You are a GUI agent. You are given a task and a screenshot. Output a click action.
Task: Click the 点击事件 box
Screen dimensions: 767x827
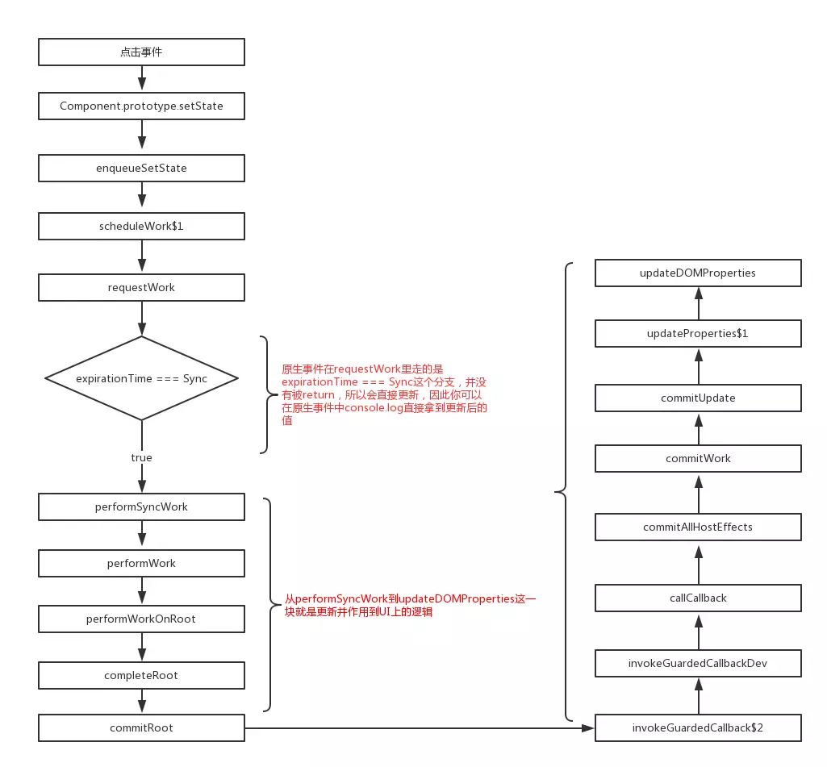click(x=141, y=53)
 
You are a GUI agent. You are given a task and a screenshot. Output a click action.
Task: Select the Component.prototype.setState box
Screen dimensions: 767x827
click(x=141, y=106)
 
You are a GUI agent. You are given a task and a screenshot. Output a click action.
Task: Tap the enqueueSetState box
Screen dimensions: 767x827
click(x=141, y=169)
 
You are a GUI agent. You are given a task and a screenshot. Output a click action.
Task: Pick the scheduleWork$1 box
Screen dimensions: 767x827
click(x=141, y=227)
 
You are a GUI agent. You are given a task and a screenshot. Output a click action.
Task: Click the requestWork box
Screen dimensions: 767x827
click(x=141, y=288)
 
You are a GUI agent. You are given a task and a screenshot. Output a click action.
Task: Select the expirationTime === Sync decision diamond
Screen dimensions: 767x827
click(x=141, y=378)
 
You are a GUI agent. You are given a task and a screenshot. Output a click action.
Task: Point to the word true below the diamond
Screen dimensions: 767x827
click(x=141, y=457)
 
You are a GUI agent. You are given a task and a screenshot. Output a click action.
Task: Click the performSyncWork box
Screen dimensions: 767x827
click(x=141, y=507)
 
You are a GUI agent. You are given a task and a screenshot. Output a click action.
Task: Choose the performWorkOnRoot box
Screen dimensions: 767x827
click(x=141, y=619)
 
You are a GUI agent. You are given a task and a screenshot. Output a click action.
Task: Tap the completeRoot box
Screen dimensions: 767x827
click(x=141, y=675)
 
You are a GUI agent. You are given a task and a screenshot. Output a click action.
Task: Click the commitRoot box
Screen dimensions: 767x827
click(x=141, y=728)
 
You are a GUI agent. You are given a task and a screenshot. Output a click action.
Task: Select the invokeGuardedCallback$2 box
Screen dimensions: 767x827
click(x=698, y=728)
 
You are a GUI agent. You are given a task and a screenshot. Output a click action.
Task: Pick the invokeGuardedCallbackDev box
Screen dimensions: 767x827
click(x=698, y=664)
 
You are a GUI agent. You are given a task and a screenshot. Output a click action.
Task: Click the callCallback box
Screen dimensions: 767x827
click(x=698, y=598)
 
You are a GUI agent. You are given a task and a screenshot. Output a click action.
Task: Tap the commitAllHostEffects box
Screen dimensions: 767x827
click(x=698, y=527)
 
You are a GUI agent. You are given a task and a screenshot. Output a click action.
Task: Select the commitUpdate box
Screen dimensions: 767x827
click(x=698, y=398)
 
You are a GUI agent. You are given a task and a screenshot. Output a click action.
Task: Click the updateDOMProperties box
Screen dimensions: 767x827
click(x=698, y=273)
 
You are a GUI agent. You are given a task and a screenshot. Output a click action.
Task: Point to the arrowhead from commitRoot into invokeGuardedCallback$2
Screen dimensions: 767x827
click(x=588, y=728)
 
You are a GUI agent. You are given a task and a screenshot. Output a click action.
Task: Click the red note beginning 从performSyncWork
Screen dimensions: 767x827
click(x=410, y=606)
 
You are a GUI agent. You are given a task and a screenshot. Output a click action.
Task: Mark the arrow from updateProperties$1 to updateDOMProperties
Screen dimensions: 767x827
click(x=698, y=303)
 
